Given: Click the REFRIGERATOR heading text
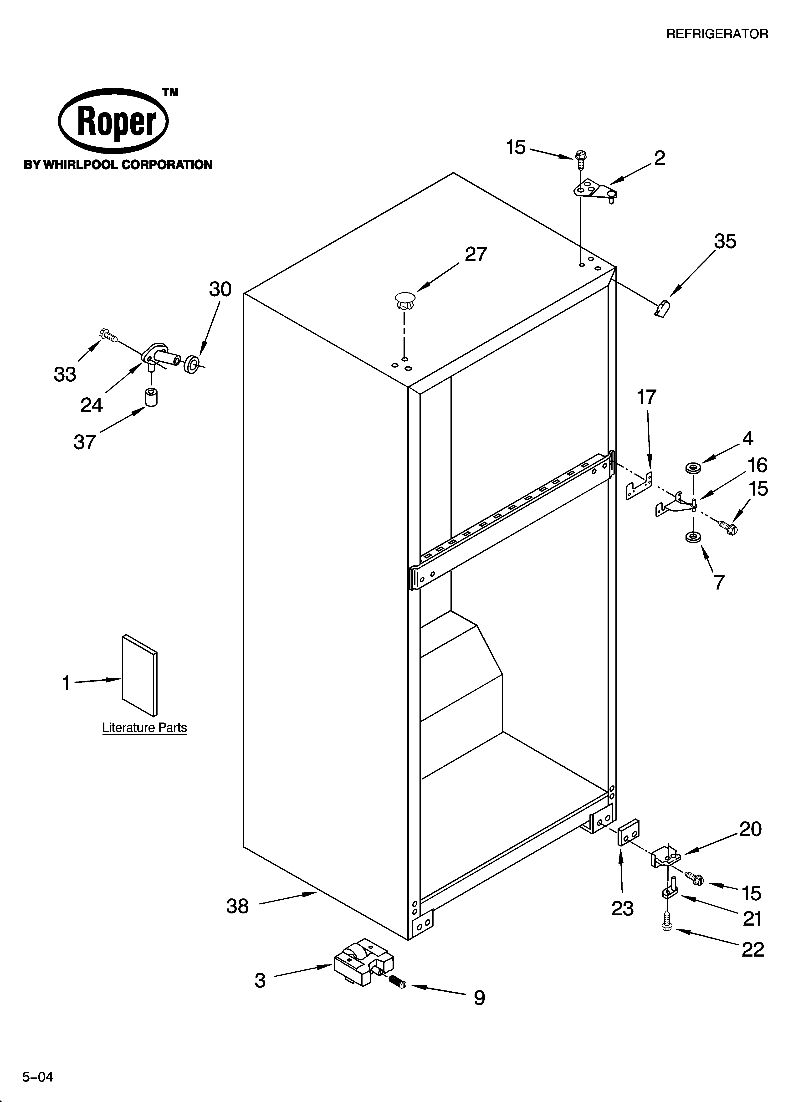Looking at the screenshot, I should coord(717,34).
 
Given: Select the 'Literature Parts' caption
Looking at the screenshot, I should coord(144,728).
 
